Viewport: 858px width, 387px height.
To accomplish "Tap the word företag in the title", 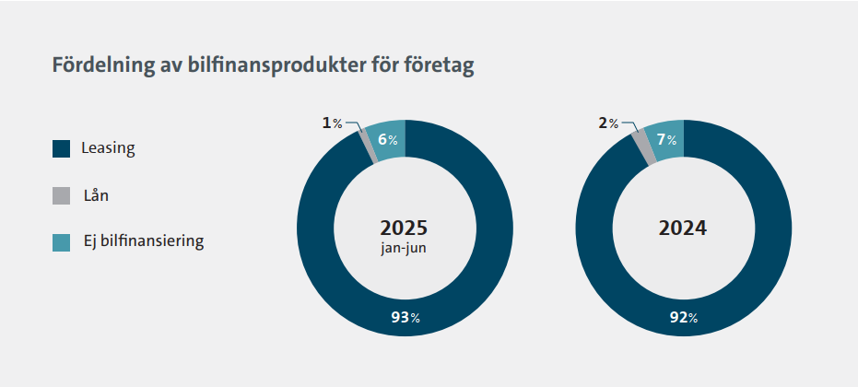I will click(438, 67).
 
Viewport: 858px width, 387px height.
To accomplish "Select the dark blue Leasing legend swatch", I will click(62, 148).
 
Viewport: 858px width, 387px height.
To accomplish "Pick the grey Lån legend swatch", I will click(62, 195).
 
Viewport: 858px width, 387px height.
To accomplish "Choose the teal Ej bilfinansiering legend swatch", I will click(62, 242).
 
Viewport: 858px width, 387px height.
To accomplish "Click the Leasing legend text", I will click(108, 148).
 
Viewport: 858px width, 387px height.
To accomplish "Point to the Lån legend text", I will click(96, 195).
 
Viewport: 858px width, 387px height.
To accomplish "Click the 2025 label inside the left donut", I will click(404, 228).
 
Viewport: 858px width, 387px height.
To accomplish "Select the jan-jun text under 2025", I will click(404, 250).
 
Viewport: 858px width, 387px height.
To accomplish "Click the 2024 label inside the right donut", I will click(682, 228).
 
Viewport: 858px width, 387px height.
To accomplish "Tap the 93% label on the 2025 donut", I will click(404, 318).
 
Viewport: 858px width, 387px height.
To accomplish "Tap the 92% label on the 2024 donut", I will click(682, 318).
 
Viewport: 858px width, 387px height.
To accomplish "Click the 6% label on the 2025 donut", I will click(387, 140).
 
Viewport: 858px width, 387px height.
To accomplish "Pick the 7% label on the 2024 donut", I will click(666, 140).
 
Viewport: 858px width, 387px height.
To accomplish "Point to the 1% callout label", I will click(332, 123).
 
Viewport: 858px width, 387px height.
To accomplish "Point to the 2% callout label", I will click(608, 123).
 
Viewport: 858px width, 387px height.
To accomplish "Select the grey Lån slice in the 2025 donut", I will click(368, 146).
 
